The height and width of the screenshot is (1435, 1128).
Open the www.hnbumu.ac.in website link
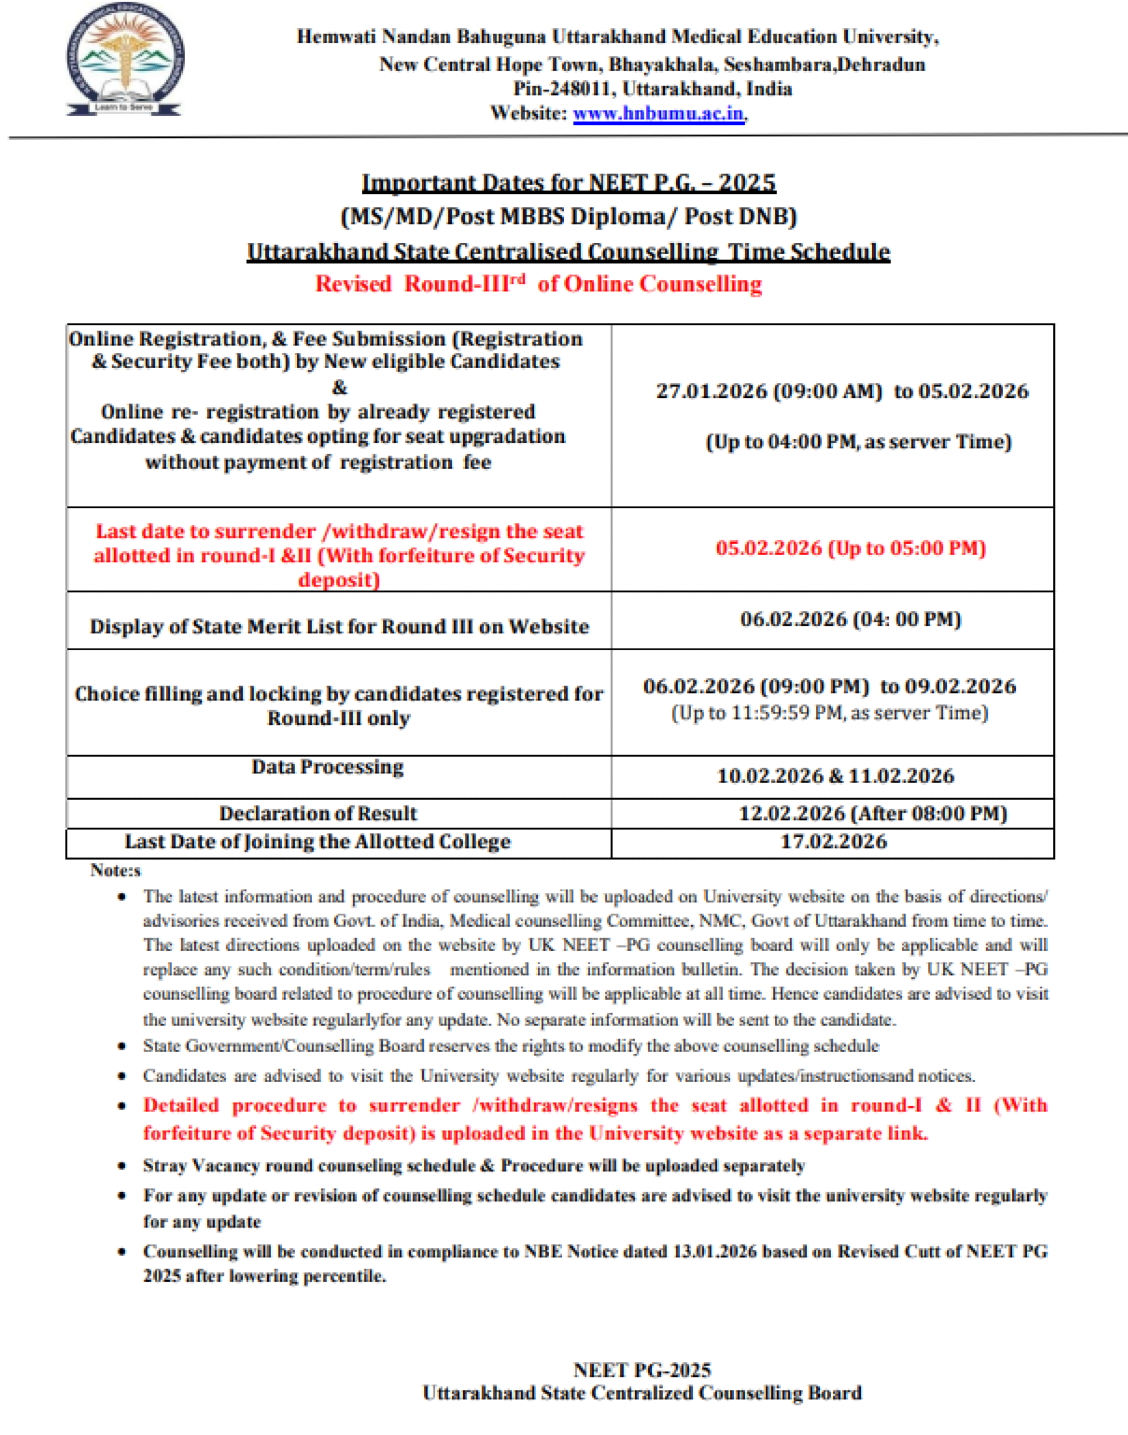coord(658,113)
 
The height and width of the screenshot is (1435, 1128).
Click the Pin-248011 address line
coord(652,88)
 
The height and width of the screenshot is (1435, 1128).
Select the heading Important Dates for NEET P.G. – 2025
coord(569,182)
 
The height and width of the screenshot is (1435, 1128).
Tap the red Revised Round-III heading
coord(538,284)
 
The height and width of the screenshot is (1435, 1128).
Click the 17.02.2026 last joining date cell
coord(833,842)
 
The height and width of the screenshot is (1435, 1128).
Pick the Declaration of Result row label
coord(318,813)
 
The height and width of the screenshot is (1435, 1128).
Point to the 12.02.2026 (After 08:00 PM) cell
coord(872,813)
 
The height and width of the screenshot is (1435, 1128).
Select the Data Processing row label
coord(328,767)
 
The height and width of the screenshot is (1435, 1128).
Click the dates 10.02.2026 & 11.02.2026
coord(835,776)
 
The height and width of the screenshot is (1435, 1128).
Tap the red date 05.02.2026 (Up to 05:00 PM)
coord(851,548)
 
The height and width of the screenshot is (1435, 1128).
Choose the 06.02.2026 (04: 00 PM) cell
coord(851,619)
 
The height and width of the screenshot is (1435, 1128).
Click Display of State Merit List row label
coord(339,626)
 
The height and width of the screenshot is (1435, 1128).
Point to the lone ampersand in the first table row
coord(340,387)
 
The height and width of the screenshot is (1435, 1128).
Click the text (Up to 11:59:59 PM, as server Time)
coord(829,713)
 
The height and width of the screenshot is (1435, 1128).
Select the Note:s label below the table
coord(116,871)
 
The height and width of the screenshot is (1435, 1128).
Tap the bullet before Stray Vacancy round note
coord(121,1166)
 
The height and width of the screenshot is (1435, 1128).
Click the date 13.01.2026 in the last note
coord(714,1252)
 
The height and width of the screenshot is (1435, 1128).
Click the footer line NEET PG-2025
coord(642,1369)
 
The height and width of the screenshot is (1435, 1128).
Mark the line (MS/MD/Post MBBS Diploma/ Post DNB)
coord(569,217)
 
